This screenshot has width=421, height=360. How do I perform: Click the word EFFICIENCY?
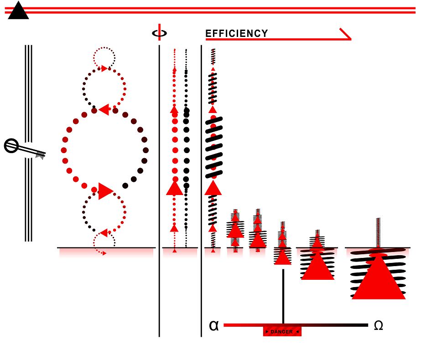[237, 34]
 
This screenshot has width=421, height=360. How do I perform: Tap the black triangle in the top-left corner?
[18, 11]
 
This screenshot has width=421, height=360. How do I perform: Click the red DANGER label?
[282, 332]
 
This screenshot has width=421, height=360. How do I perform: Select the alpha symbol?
[213, 325]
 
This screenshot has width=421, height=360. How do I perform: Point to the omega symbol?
[378, 325]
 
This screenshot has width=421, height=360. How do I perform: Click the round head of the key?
[11, 146]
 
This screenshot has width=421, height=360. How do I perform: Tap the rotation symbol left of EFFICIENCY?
[159, 33]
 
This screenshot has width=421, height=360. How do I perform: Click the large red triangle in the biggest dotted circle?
[105, 191]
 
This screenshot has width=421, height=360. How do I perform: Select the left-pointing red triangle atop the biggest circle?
[104, 110]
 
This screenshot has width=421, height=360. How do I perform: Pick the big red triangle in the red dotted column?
[174, 187]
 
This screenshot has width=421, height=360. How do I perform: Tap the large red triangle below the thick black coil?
[213, 187]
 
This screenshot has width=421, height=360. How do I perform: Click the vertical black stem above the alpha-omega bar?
[283, 296]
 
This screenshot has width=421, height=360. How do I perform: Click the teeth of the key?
[41, 154]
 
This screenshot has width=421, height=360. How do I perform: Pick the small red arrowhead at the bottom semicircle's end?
[104, 253]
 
